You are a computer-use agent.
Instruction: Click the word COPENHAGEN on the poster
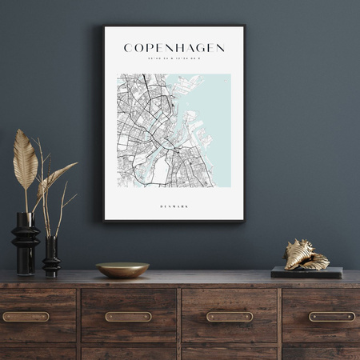174,48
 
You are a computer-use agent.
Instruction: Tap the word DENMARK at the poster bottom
174,206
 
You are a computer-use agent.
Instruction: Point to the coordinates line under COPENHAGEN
174,58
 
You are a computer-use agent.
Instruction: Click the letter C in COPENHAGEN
129,48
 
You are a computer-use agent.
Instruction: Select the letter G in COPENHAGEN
195,48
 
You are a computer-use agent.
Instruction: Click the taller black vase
25,240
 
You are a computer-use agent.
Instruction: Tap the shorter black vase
51,256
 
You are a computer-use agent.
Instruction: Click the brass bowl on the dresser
122,270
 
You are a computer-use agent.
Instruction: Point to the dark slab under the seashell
306,273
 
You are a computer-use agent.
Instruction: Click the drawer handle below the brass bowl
128,316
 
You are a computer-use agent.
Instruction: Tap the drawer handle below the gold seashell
332,316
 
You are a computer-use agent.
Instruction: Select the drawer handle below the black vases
26,316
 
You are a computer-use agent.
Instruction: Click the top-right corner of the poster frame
243,27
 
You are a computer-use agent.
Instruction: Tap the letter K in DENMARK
187,206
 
